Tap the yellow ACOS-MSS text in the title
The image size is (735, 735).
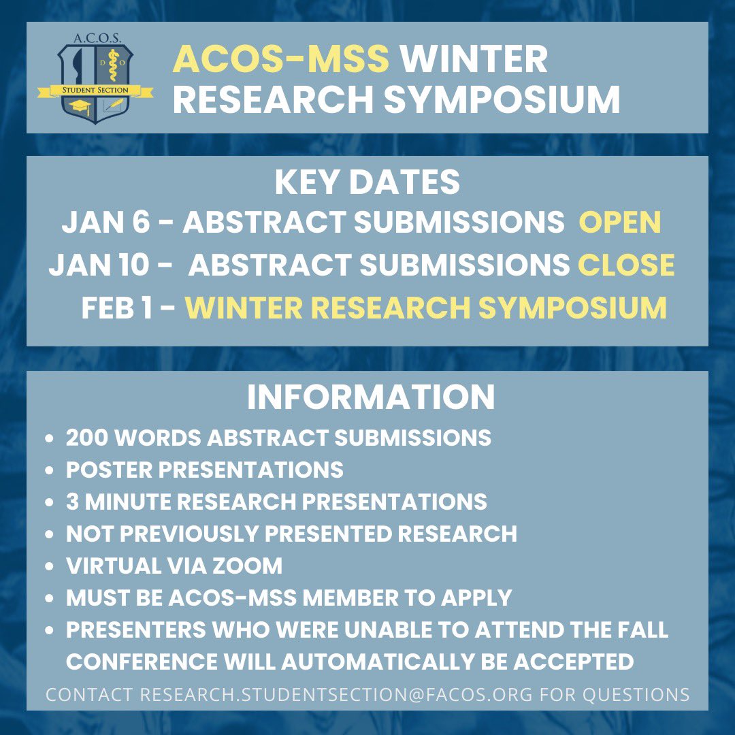[280, 60]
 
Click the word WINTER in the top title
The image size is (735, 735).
[474, 60]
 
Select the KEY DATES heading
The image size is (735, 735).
[367, 182]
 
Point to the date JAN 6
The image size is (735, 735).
[105, 223]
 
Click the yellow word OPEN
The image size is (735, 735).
[619, 223]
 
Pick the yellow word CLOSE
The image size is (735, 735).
[626, 265]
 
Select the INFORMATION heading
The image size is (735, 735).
[371, 398]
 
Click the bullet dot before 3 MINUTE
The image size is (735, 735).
[49, 502]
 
